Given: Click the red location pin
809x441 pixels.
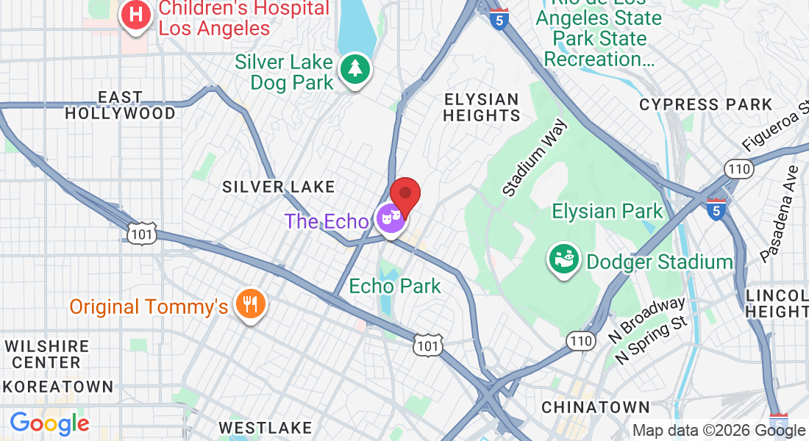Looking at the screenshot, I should [404, 195].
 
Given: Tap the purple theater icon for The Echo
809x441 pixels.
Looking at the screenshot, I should [391, 218].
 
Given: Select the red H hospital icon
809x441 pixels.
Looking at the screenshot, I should [135, 14].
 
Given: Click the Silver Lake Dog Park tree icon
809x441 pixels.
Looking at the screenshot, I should [355, 70].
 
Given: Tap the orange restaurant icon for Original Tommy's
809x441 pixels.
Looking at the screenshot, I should [250, 304].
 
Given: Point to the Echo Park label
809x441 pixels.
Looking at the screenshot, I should [395, 286].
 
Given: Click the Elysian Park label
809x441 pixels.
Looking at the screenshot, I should [607, 212].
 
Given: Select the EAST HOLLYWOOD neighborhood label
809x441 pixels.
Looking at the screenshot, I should [121, 105].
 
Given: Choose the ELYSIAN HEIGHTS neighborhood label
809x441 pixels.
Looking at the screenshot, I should [482, 107].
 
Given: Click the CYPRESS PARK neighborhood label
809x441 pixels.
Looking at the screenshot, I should [705, 105].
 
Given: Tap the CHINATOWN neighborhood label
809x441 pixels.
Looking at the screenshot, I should [596, 406].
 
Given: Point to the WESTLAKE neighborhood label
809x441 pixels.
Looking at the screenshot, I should [265, 427].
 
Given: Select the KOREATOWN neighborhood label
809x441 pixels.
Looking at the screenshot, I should [57, 386].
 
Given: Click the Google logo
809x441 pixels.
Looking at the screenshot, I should [49, 423].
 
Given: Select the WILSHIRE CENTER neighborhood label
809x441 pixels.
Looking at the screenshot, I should [46, 354].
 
